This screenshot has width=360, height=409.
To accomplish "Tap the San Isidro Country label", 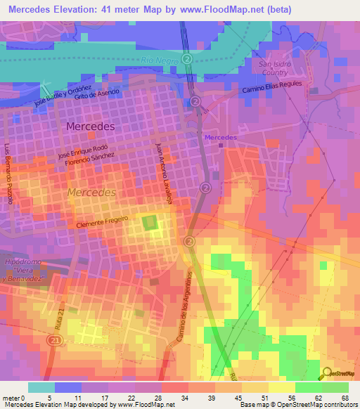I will click(x=270, y=68).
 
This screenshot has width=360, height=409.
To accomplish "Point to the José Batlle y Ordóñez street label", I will click(x=64, y=97).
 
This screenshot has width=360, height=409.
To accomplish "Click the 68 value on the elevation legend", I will click(x=345, y=399).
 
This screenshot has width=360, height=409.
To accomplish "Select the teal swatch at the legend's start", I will click(x=41, y=387).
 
